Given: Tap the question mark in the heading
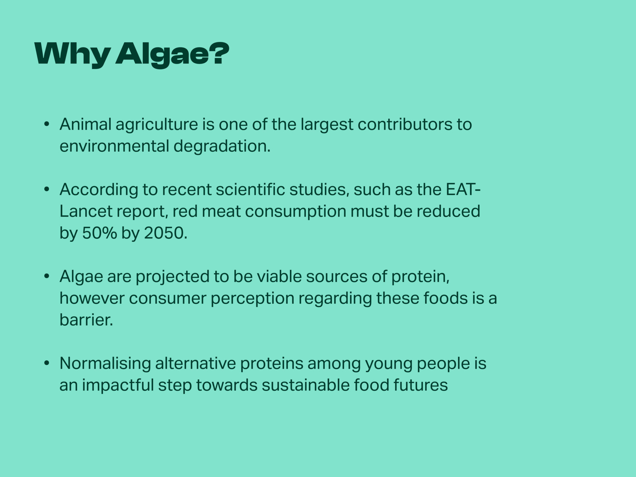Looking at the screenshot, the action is pyautogui.click(x=219, y=53).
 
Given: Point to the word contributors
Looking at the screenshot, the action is pyautogui.click(x=405, y=124).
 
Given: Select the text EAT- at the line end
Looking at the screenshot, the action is pyautogui.click(x=463, y=190).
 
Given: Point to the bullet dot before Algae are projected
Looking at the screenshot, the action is pyautogui.click(x=47, y=277).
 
